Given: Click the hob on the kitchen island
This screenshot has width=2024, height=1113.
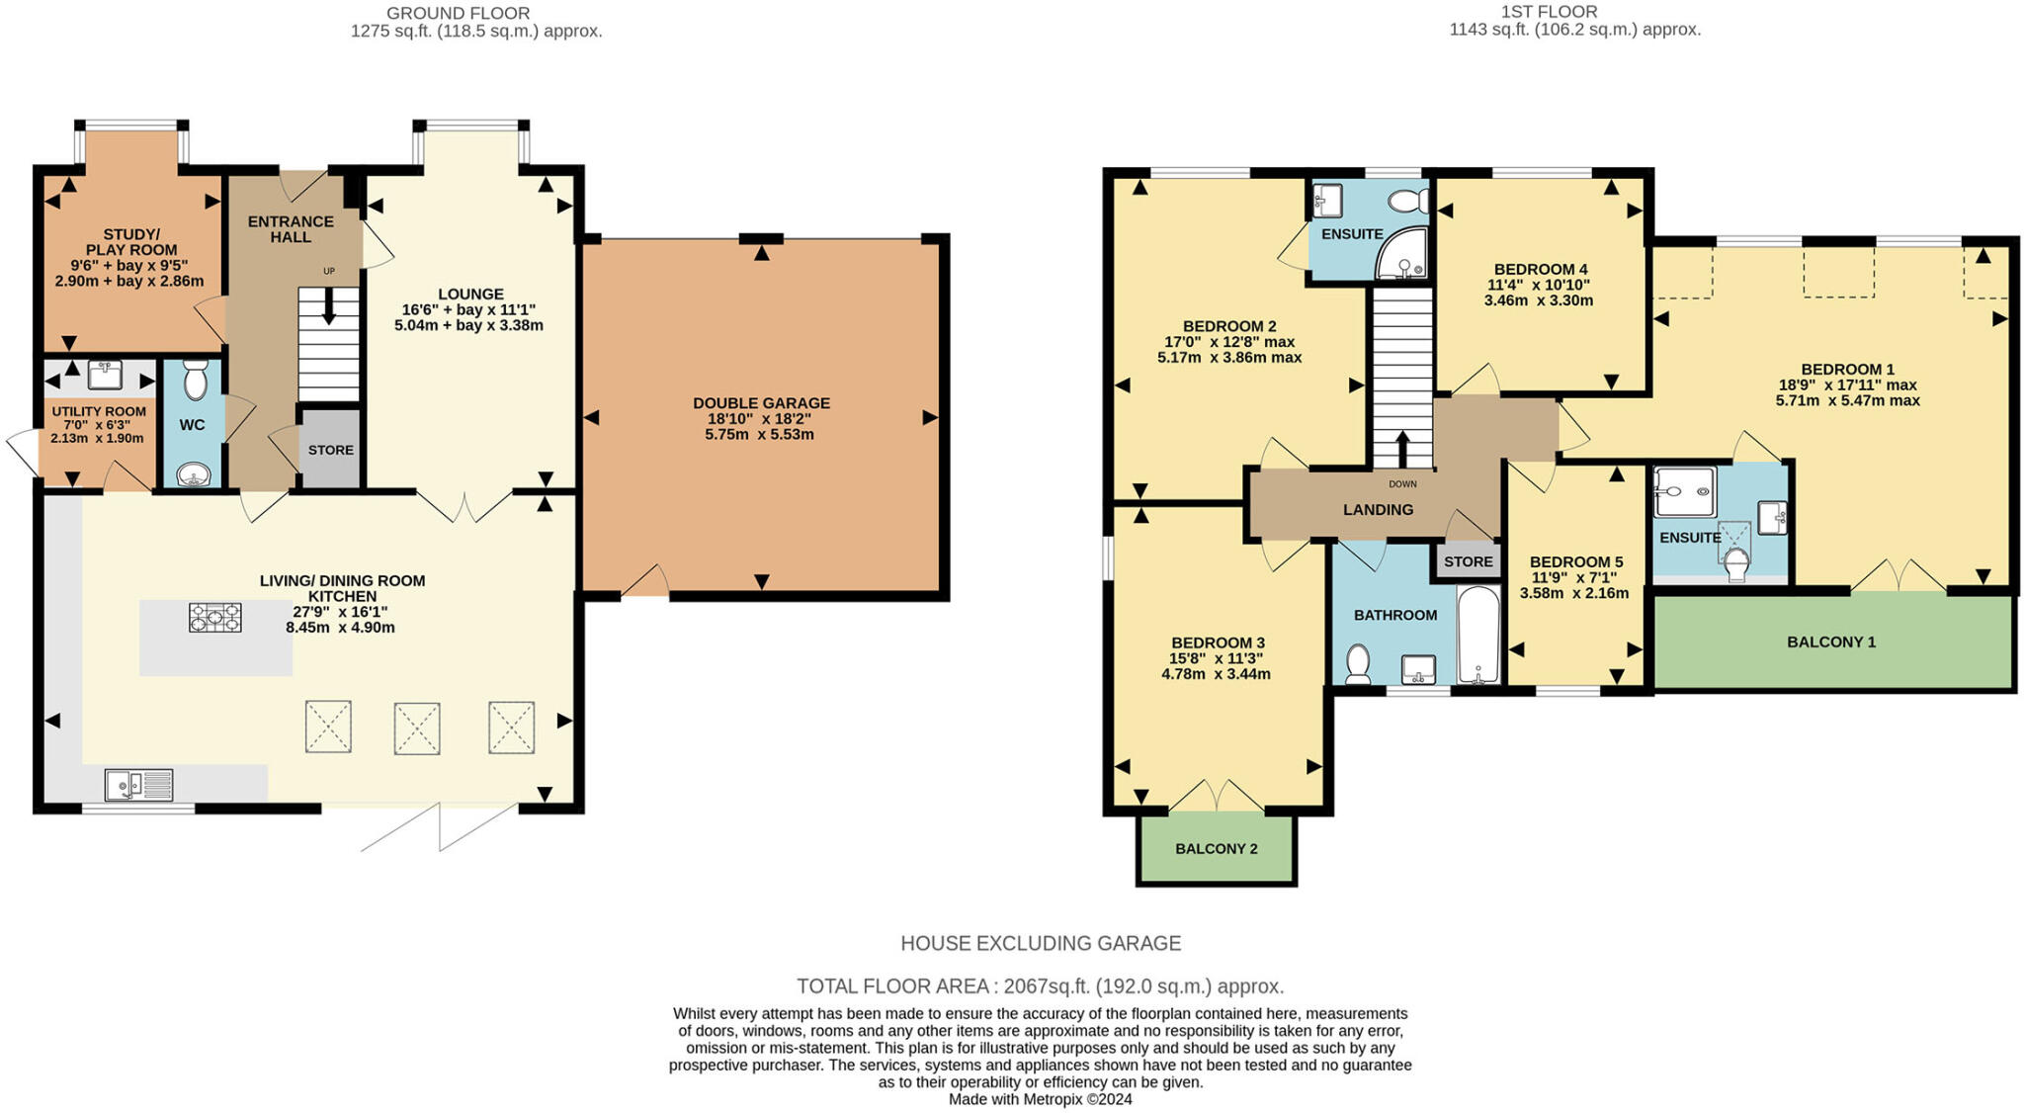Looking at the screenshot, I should click(214, 618).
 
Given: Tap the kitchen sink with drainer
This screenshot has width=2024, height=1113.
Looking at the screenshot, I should click(138, 785).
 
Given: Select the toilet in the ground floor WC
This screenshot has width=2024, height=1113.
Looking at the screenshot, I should click(195, 378).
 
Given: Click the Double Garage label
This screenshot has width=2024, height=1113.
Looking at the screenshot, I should click(761, 403).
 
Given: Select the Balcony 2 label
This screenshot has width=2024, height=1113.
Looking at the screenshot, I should click(1216, 848).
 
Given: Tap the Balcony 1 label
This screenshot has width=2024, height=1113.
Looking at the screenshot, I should click(1830, 642).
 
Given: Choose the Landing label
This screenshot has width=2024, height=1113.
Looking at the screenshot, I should click(1378, 509).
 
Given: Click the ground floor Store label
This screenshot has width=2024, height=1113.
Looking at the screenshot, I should click(330, 450).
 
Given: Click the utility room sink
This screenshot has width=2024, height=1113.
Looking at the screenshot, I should click(104, 375).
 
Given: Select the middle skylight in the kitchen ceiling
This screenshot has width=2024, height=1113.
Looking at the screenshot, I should click(416, 728).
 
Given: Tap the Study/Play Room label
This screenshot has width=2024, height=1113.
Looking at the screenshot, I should click(130, 242).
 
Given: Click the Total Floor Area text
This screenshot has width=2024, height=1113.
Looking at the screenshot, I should click(1040, 985).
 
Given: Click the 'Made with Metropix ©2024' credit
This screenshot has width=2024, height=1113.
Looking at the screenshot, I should click(1040, 1099).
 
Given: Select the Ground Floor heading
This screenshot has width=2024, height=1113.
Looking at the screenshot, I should click(458, 13).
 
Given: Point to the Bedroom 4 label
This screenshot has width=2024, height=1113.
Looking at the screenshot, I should click(1540, 269).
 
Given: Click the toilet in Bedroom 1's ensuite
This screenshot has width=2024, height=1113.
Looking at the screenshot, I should click(1735, 562).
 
